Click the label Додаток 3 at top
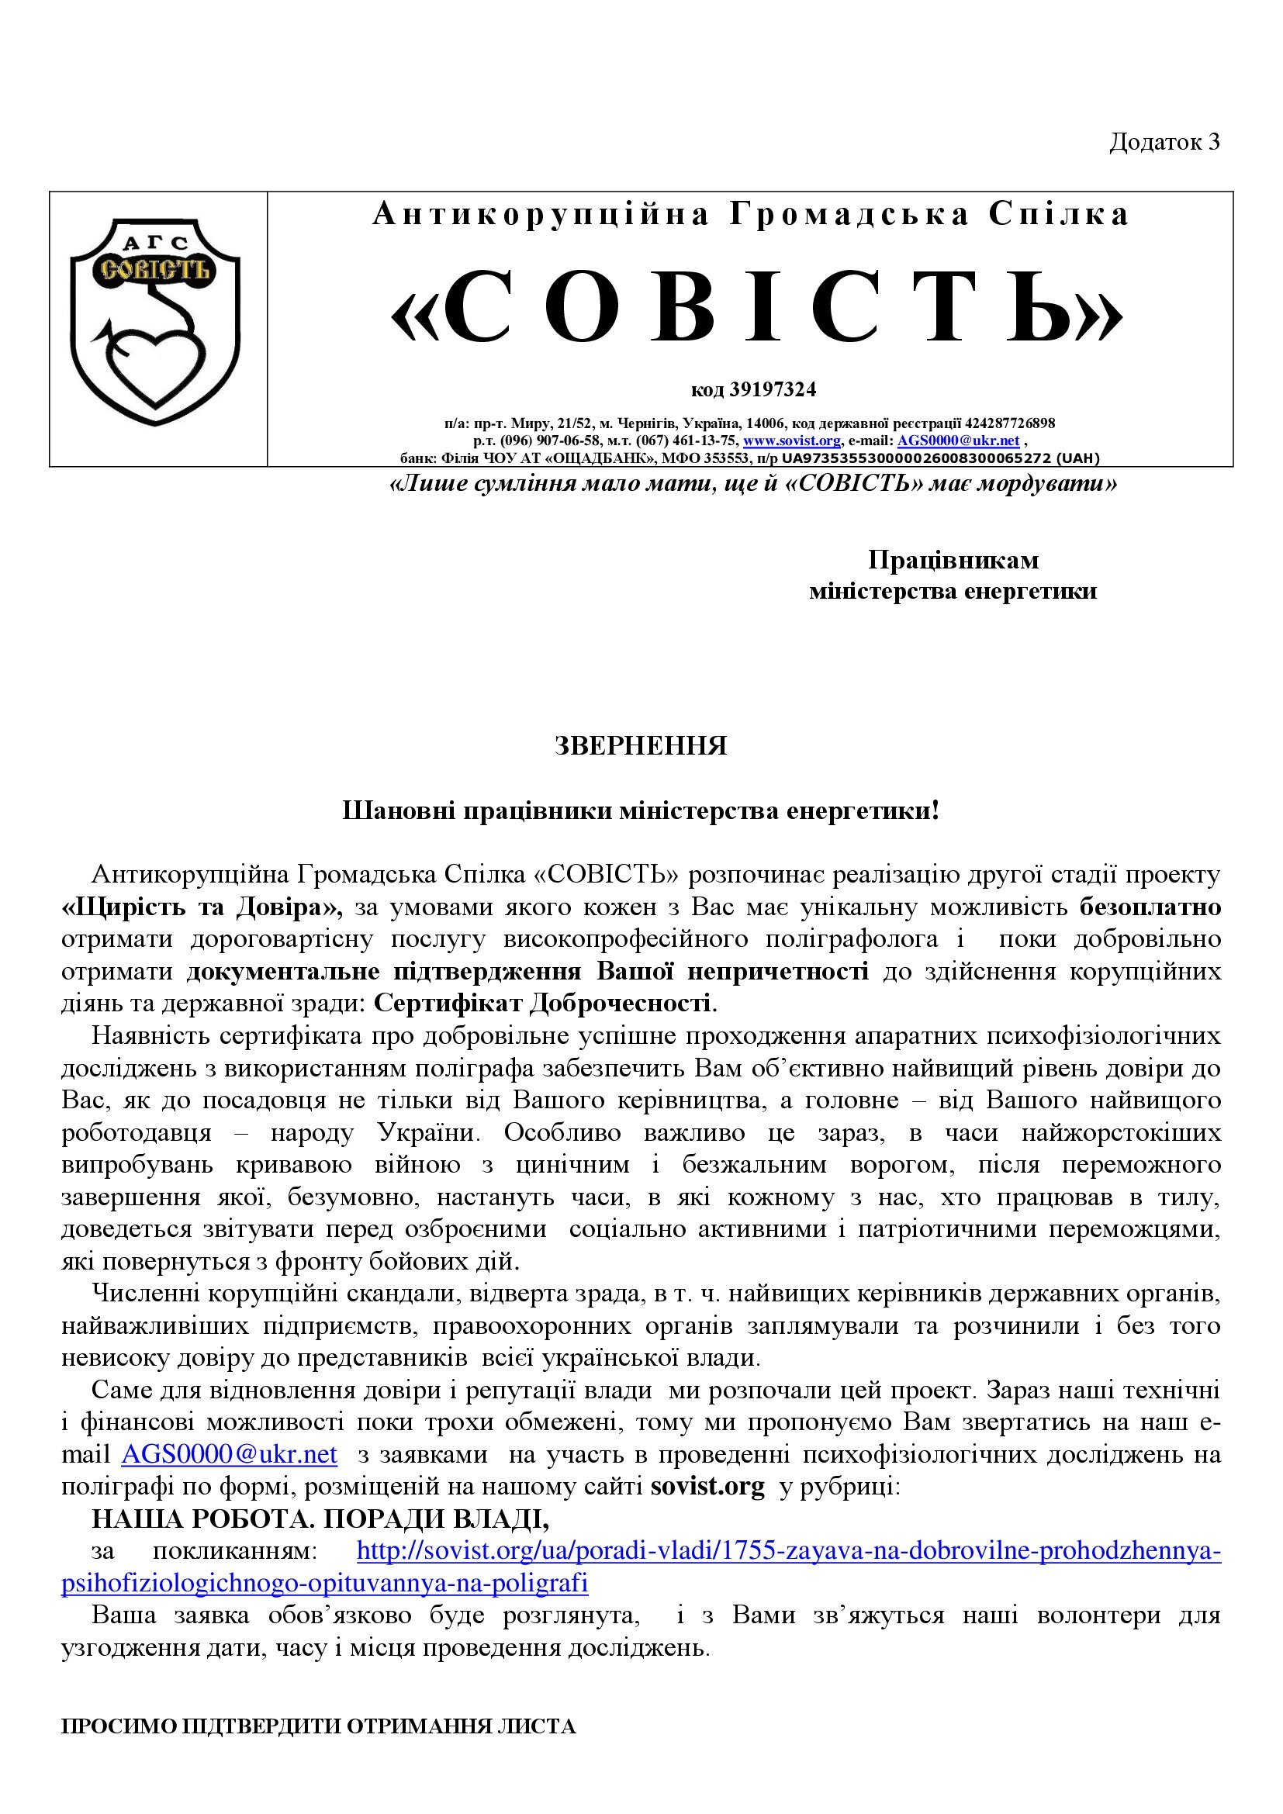click(1164, 141)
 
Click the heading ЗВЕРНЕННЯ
click(641, 746)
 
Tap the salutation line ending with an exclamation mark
click(641, 810)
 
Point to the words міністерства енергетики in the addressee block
click(953, 591)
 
